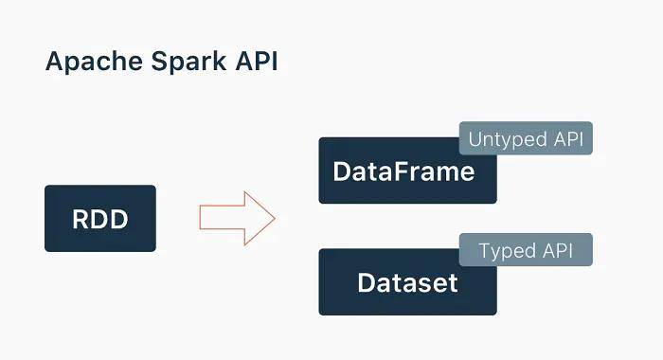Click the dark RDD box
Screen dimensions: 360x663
pos(100,219)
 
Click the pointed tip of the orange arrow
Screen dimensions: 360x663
pos(274,219)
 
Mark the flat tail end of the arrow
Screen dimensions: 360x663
pos(201,219)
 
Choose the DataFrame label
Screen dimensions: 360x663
pos(403,172)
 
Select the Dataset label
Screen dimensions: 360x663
pos(407,282)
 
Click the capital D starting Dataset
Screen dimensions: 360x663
pos(367,282)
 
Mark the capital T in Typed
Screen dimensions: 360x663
pos(485,251)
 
